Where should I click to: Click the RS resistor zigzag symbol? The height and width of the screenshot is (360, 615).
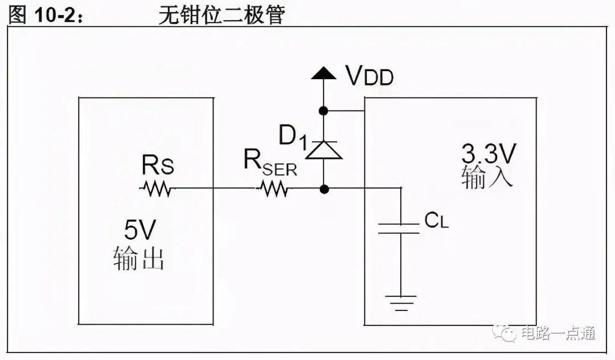(156, 189)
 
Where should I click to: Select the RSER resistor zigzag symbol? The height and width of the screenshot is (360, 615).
(273, 189)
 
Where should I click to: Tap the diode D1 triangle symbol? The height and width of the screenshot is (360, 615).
(323, 150)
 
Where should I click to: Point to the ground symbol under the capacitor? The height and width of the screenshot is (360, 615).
(401, 302)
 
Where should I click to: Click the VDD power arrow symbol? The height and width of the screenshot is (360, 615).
(323, 73)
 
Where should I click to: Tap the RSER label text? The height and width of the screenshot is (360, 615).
(270, 163)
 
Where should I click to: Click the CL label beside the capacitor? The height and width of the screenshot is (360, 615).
(436, 221)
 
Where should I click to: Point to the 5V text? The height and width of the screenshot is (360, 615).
(140, 230)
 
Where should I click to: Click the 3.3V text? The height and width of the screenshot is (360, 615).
(489, 154)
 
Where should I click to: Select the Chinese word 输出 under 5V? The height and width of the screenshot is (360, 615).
(139, 258)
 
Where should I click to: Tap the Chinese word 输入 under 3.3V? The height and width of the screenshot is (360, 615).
(487, 177)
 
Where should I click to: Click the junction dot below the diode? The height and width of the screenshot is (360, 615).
(324, 190)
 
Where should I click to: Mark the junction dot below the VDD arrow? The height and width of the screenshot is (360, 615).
(323, 111)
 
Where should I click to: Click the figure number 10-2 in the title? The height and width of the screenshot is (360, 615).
(54, 15)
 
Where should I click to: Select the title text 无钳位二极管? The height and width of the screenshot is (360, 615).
(222, 15)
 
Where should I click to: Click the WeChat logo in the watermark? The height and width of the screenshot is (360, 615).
(505, 333)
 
